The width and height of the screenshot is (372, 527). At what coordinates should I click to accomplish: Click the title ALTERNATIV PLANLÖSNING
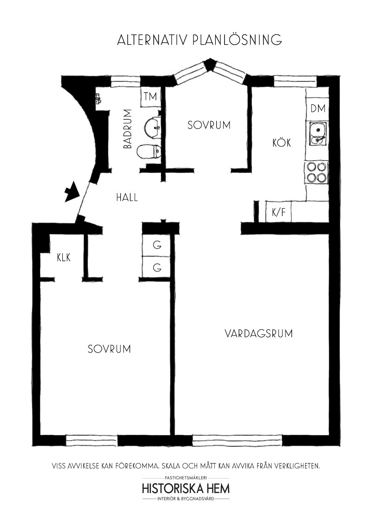pos(199,39)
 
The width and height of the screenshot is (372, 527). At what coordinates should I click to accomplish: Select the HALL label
pos(127,197)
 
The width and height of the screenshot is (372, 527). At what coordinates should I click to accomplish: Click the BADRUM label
pos(127,129)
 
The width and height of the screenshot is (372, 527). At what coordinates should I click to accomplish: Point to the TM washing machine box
pos(150,98)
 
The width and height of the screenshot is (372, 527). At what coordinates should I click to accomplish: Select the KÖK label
pos(281,143)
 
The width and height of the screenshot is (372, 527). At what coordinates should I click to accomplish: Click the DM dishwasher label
pos(318,108)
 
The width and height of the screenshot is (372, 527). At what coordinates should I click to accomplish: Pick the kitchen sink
pos(317,133)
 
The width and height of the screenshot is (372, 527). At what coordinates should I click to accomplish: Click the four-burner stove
pos(316,172)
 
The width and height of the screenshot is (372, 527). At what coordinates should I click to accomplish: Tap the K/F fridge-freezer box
pos(279,212)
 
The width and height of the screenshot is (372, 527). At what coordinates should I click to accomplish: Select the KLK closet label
pos(64,258)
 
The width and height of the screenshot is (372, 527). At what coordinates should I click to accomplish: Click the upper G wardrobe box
pos(156,245)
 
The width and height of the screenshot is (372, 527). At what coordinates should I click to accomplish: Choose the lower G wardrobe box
pos(156,267)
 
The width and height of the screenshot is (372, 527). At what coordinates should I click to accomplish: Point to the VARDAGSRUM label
pos(258,334)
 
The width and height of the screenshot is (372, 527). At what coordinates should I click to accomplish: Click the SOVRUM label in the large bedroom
pos(109,349)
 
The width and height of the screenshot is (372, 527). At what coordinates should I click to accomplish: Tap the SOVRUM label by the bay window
pos(209,125)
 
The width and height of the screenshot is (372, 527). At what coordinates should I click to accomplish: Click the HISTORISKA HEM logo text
pos(186,488)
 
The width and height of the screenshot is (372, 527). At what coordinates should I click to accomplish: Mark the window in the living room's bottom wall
pos(237,440)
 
